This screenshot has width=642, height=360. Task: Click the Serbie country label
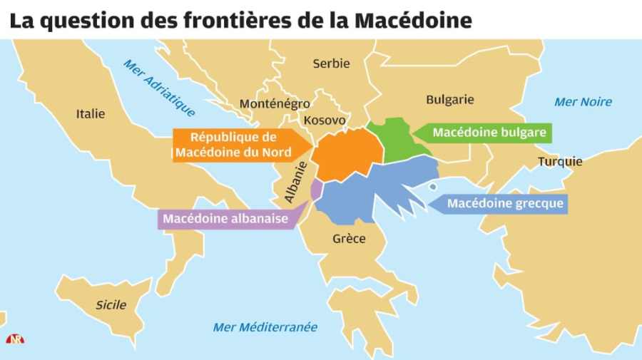pos(331,63)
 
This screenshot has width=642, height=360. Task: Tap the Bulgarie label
pos(449,100)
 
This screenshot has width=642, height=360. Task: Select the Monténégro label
pos(275,104)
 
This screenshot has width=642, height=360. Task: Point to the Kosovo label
pos(325,120)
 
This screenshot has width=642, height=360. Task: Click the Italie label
pos(91,113)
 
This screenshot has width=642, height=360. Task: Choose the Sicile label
pos(111,305)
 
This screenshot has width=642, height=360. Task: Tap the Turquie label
pos(560,161)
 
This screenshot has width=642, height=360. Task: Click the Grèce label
pos(349,238)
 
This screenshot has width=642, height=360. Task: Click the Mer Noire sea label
pos(583,102)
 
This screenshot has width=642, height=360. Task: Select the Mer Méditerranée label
pos(265,327)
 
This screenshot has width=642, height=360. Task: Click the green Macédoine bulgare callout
pos(489,133)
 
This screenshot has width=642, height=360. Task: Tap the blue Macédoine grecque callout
pos(505,204)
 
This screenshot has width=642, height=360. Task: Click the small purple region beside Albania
pos(316,189)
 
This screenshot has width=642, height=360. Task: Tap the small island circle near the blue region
pos(432,187)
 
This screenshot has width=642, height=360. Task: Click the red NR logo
pos(15,339)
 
